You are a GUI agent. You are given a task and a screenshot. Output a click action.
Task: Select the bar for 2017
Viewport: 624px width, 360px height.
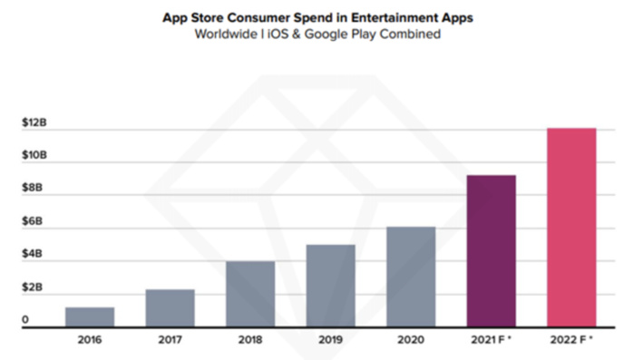(x=171, y=307)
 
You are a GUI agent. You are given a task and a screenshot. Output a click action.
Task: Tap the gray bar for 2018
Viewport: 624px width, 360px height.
(x=250, y=293)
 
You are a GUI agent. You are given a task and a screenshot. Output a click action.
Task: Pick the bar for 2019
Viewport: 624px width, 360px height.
(x=330, y=285)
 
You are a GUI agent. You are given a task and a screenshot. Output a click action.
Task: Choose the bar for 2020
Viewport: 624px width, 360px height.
(x=411, y=276)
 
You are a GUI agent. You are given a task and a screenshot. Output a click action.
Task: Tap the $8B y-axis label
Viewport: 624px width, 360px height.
(x=33, y=188)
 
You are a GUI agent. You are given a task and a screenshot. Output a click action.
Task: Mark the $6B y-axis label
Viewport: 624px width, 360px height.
(x=33, y=221)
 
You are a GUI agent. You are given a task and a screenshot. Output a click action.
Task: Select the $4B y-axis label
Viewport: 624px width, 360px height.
(x=33, y=254)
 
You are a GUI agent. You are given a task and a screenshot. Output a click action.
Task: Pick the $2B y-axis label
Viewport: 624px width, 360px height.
(x=33, y=287)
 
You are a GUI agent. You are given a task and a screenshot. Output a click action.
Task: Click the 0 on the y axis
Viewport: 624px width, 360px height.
(x=25, y=320)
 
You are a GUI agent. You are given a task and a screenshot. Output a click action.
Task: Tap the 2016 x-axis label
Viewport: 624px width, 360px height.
(x=90, y=341)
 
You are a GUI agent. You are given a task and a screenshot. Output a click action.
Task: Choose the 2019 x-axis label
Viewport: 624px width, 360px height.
(x=330, y=341)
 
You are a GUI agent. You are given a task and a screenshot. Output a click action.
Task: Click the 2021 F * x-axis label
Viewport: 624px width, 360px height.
(x=492, y=341)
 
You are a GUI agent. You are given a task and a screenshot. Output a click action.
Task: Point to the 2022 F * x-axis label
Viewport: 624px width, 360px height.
(x=571, y=341)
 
